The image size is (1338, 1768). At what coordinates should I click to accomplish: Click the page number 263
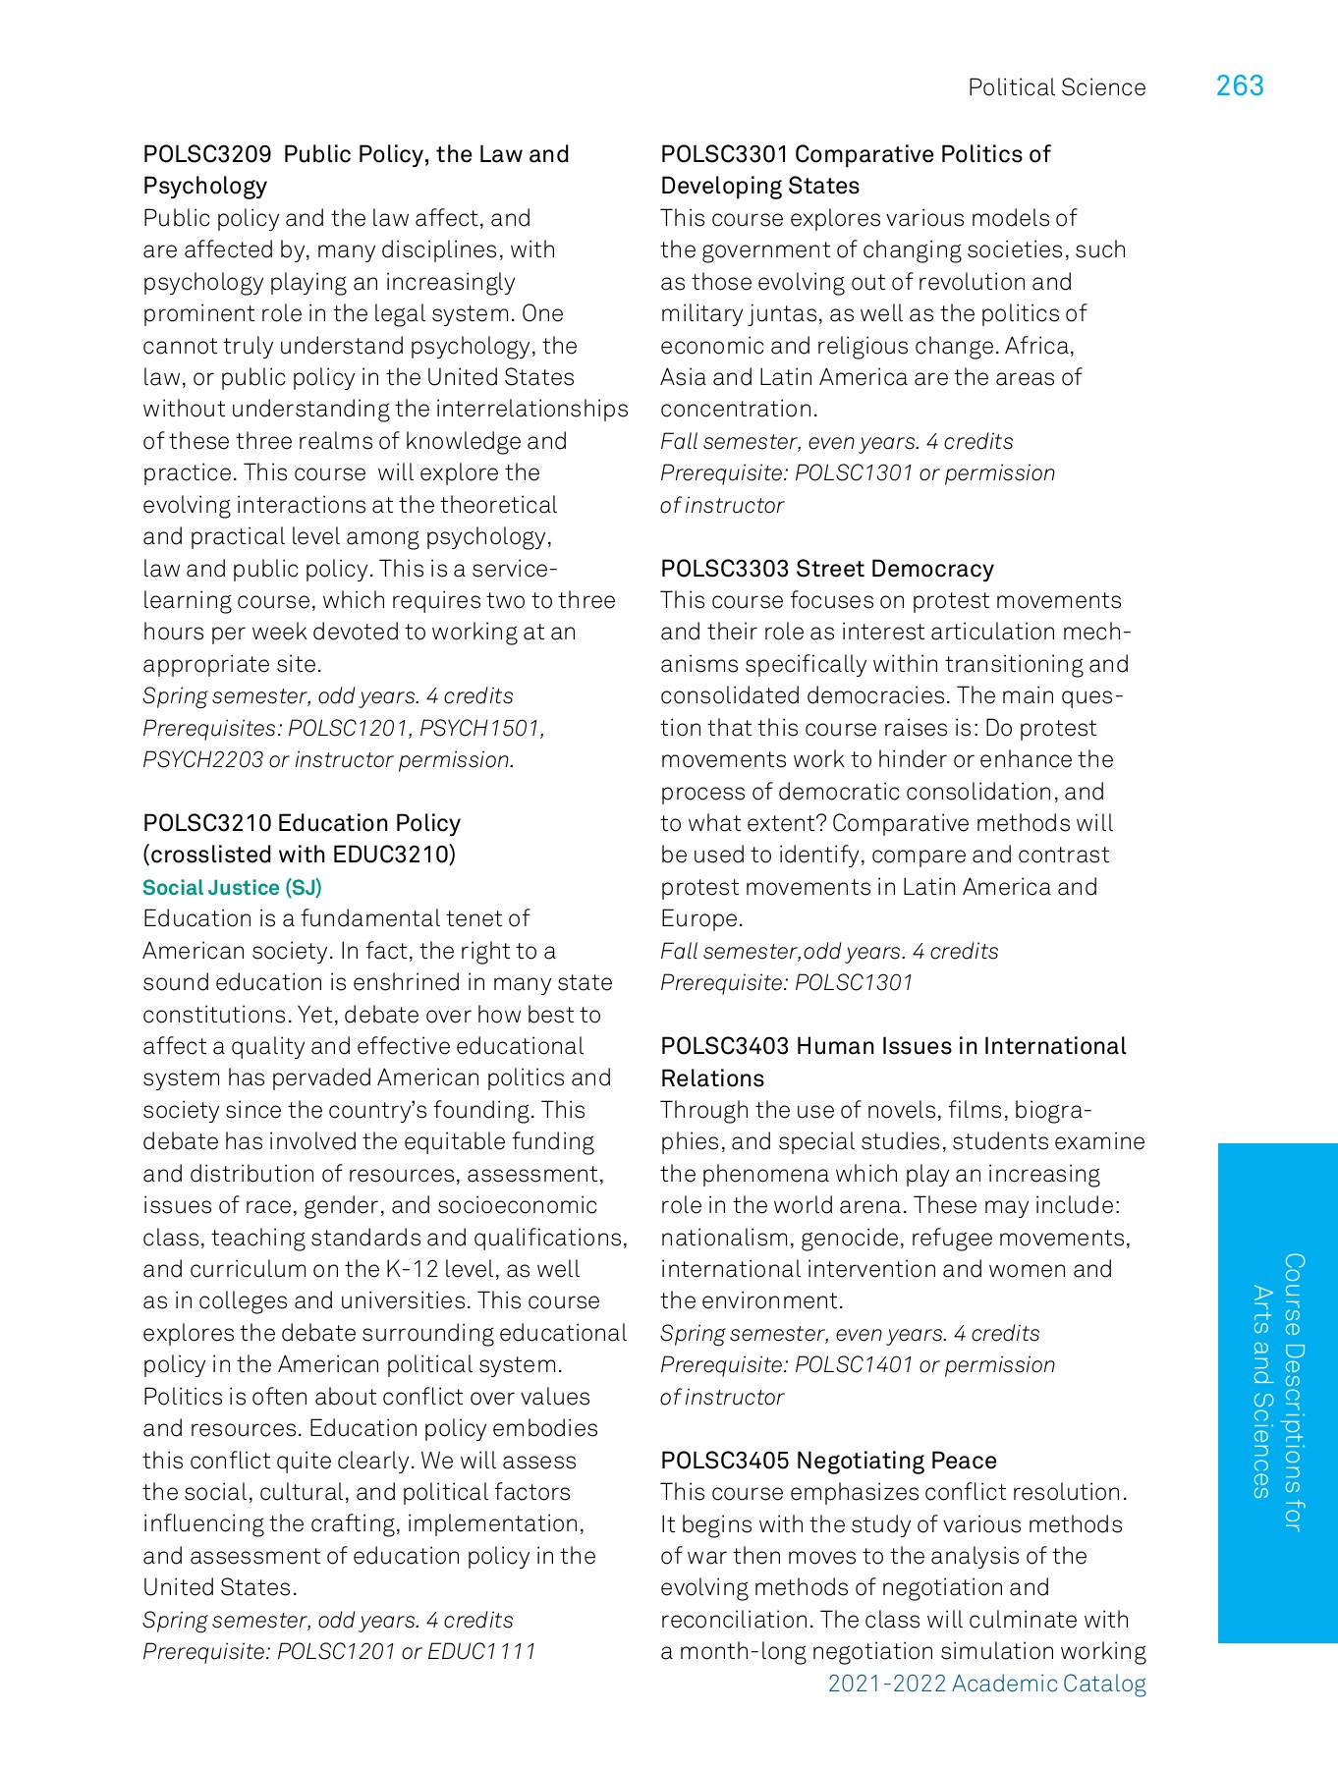click(1240, 86)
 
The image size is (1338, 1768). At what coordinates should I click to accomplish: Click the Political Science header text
click(1056, 87)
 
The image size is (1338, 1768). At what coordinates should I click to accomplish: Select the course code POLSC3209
click(206, 154)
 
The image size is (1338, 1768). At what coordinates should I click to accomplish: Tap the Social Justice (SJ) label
click(232, 888)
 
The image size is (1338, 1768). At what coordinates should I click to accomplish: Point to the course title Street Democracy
click(895, 569)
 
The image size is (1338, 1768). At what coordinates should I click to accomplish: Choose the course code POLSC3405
click(724, 1461)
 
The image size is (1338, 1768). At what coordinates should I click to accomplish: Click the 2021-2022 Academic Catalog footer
click(986, 1684)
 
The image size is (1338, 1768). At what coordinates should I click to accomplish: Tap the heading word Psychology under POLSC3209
click(204, 187)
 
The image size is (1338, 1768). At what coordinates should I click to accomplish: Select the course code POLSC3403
click(724, 1046)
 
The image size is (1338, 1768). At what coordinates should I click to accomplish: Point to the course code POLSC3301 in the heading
click(724, 154)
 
